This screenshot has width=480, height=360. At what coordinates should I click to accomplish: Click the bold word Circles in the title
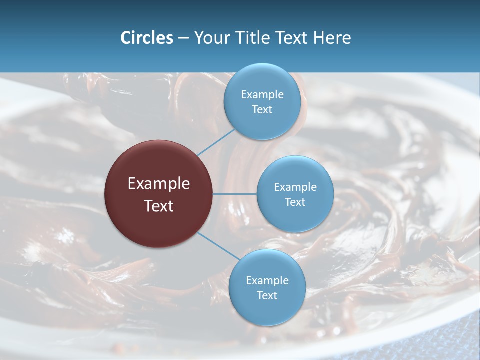pyautogui.click(x=147, y=38)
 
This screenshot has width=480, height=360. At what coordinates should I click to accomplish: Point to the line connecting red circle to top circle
pyautogui.click(x=216, y=142)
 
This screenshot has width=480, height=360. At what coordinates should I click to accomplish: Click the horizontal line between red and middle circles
pyautogui.click(x=234, y=194)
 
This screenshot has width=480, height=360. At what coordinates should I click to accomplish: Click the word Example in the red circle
pyautogui.click(x=158, y=184)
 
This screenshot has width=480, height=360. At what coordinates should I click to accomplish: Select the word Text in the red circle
pyautogui.click(x=158, y=206)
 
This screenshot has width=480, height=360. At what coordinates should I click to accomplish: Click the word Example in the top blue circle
pyautogui.click(x=262, y=95)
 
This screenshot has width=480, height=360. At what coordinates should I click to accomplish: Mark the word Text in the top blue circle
pyautogui.click(x=262, y=110)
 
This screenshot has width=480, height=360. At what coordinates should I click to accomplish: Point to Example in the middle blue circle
pyautogui.click(x=295, y=187)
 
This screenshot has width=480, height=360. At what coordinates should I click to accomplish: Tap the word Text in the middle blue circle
pyautogui.click(x=295, y=202)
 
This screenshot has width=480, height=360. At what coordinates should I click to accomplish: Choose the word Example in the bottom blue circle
pyautogui.click(x=267, y=281)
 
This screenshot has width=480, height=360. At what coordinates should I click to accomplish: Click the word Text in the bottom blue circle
pyautogui.click(x=267, y=296)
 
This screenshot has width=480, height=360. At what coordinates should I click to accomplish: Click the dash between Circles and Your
pyautogui.click(x=183, y=38)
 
